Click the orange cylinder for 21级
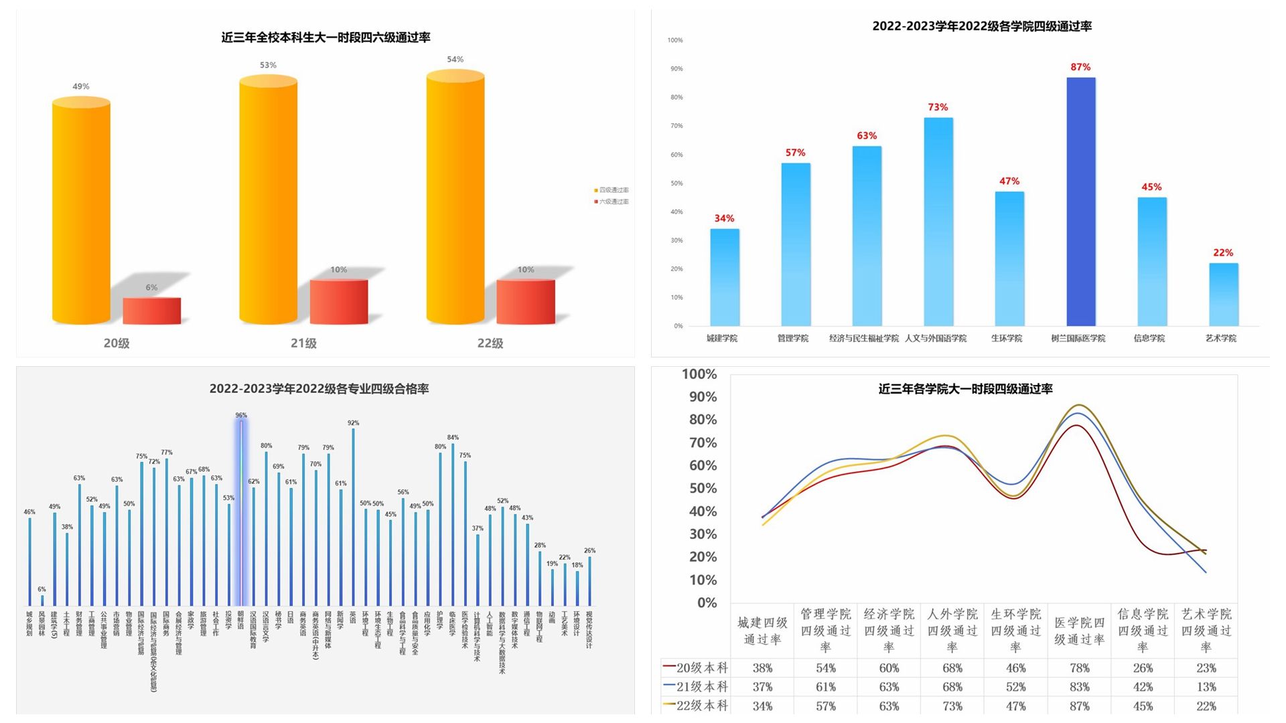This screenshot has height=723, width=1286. [268, 201]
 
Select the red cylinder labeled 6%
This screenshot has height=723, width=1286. [152, 311]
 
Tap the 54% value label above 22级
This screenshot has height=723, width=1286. [455, 60]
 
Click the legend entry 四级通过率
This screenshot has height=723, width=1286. [612, 190]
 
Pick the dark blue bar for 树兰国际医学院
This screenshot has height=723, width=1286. [1081, 201]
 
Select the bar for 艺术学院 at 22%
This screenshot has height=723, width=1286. [1224, 295]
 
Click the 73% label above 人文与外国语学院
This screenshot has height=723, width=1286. [938, 107]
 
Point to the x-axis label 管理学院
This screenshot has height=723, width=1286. [793, 338]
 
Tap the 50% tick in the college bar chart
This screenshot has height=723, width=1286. [676, 183]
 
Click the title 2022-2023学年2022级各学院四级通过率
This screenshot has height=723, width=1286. [982, 26]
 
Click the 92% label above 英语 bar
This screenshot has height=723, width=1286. [354, 423]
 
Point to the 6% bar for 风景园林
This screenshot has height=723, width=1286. [42, 600]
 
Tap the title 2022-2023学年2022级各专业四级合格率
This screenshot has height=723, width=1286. [319, 389]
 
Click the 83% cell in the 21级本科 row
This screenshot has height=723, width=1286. [1079, 687]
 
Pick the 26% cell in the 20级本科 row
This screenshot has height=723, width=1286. [1143, 668]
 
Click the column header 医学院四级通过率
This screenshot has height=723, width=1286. [1079, 631]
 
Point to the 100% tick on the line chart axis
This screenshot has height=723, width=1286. [699, 374]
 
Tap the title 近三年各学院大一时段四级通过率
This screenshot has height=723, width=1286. [965, 389]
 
